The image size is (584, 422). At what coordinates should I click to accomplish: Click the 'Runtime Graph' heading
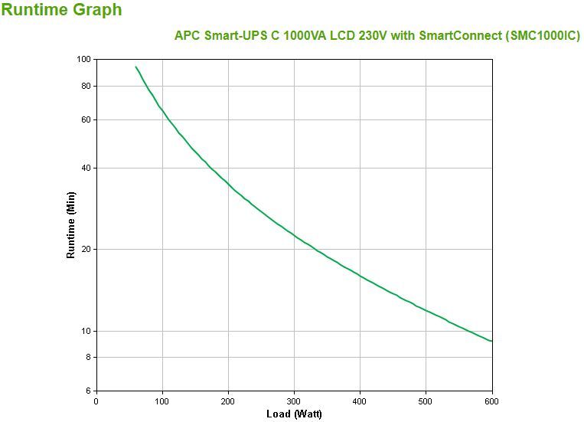61,10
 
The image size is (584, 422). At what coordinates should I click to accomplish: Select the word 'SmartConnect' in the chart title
464,36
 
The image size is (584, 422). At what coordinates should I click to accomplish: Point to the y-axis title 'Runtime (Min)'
71,225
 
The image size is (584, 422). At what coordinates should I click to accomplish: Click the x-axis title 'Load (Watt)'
294,414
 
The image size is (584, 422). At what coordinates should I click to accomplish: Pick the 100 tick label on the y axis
84,60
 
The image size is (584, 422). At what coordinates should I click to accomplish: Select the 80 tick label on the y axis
86,87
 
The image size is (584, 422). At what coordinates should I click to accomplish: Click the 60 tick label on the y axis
86,120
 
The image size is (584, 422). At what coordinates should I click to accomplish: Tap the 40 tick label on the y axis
86,168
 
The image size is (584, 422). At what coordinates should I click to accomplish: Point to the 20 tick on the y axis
86,250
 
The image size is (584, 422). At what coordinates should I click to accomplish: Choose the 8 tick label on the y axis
89,358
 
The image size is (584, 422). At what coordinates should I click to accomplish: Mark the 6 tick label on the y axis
89,391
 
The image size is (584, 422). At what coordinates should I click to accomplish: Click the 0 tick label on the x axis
96,401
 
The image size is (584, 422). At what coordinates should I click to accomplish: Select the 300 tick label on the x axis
294,401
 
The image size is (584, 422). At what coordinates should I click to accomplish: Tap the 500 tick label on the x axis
426,401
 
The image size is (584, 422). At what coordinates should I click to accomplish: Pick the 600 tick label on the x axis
491,401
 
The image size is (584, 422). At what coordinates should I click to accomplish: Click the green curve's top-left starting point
135,67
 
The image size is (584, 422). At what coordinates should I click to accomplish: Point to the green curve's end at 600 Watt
491,341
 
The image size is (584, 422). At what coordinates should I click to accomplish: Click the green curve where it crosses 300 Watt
294,234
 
